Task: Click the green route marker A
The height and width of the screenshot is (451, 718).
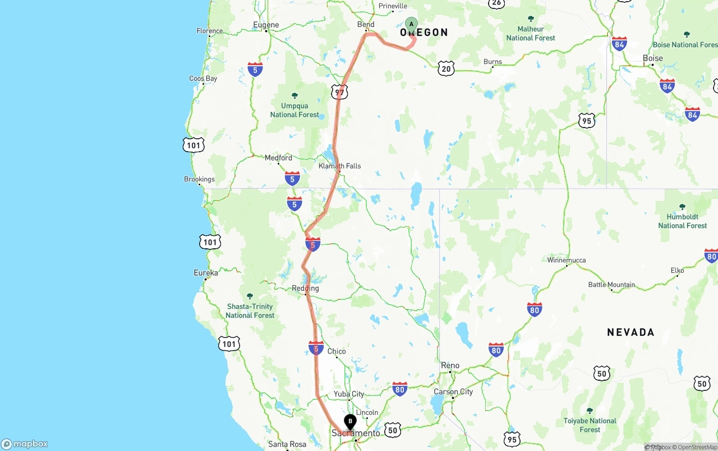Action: click(x=411, y=24)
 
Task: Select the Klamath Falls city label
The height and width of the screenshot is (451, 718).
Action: click(x=340, y=166)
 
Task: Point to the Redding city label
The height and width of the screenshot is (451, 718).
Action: click(x=305, y=289)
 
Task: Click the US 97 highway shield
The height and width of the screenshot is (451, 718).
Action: click(x=339, y=92)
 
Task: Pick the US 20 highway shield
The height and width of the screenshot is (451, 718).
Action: click(x=446, y=69)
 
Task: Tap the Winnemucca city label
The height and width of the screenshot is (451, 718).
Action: click(x=567, y=260)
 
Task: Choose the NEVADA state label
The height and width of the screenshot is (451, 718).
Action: click(x=630, y=332)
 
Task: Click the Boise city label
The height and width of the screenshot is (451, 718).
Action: click(x=652, y=58)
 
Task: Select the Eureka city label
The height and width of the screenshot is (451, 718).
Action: click(x=206, y=273)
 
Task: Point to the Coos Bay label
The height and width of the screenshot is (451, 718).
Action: click(x=203, y=79)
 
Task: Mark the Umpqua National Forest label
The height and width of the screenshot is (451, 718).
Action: click(x=294, y=110)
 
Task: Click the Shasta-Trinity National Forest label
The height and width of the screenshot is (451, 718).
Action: click(x=250, y=311)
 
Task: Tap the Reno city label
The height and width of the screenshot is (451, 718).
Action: click(x=450, y=366)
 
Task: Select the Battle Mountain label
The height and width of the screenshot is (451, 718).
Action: click(x=611, y=285)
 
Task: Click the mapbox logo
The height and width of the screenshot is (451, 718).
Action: click(x=25, y=444)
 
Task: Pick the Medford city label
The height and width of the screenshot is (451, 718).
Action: click(x=278, y=158)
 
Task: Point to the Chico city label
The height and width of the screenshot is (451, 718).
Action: click(x=337, y=352)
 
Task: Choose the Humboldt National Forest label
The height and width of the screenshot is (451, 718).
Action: click(x=683, y=221)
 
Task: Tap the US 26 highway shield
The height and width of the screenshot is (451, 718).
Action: click(x=496, y=3)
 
